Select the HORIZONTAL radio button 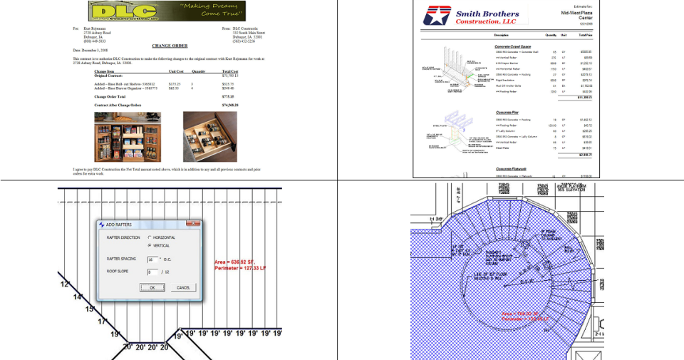149,237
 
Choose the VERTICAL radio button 149,245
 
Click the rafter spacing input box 152,259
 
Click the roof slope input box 152,272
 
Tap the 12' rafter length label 65,284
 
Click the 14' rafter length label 78,297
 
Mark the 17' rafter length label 102,322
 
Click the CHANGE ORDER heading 170,45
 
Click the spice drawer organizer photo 209,137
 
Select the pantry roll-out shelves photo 127,137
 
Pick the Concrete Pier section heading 507,113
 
